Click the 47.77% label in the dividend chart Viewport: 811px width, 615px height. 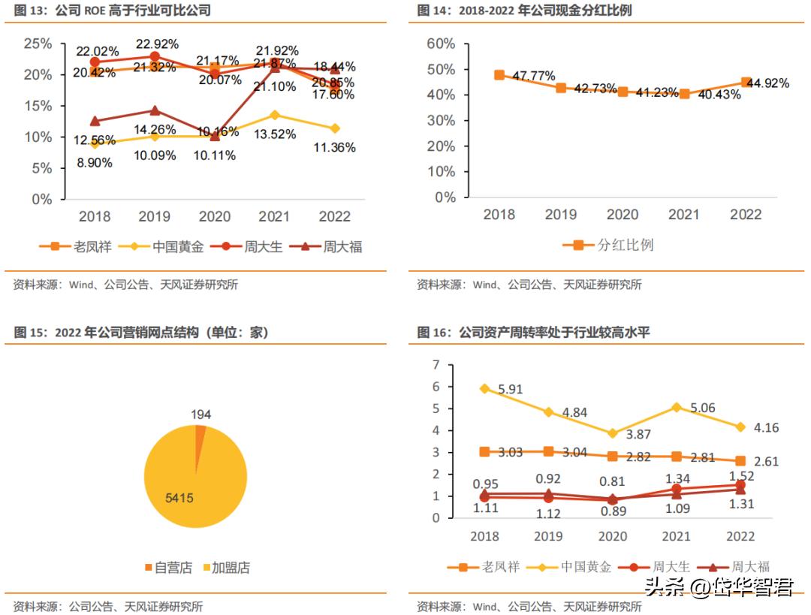pyautogui.click(x=535, y=76)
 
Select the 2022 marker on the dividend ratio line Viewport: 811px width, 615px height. pyautogui.click(x=746, y=83)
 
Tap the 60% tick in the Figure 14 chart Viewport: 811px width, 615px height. pyautogui.click(x=441, y=44)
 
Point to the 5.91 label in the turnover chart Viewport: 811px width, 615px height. pyautogui.click(x=512, y=390)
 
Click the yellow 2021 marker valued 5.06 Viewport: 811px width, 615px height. pyautogui.click(x=677, y=407)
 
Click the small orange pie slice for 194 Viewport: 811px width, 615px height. pyautogui.click(x=200, y=429)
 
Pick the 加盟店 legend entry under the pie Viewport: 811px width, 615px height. pyautogui.click(x=227, y=568)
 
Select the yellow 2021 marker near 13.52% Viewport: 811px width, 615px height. pyautogui.click(x=274, y=115)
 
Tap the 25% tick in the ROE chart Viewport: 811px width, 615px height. pyautogui.click(x=38, y=44)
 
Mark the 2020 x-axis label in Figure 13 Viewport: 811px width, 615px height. pyautogui.click(x=214, y=216)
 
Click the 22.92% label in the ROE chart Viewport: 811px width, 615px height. pyautogui.click(x=158, y=44)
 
